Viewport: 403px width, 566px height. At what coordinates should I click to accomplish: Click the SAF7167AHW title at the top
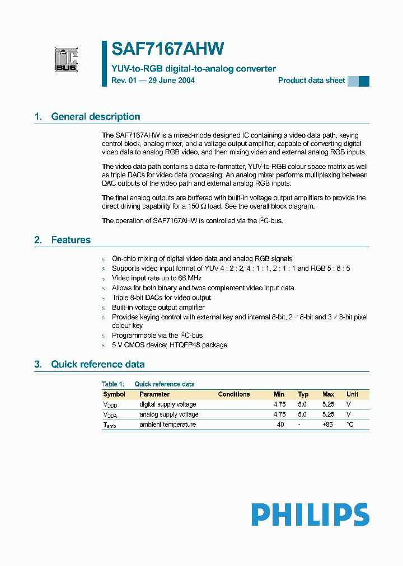click(168, 49)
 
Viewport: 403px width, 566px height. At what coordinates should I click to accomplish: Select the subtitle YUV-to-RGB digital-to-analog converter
click(194, 69)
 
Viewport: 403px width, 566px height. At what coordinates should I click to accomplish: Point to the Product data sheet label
click(311, 81)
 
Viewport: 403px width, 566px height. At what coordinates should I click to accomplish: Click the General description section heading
click(95, 117)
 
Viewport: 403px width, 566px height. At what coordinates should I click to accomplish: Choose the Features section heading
click(71, 240)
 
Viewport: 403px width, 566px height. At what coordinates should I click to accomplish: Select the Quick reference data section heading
click(97, 364)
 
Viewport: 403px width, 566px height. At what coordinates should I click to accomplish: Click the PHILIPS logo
click(310, 515)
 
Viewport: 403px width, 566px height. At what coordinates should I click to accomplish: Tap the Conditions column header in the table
click(234, 394)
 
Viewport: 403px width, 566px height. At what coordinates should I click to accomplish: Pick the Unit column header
click(352, 394)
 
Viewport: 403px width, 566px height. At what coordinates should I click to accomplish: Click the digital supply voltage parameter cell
click(168, 404)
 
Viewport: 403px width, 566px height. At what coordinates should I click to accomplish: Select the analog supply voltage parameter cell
click(169, 414)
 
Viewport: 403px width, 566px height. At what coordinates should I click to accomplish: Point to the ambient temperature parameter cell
click(168, 424)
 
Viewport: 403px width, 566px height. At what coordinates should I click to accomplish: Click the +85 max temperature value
click(328, 424)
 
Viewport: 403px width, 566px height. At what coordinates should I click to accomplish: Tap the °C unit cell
click(350, 424)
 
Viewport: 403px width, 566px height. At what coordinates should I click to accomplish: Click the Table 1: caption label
click(113, 384)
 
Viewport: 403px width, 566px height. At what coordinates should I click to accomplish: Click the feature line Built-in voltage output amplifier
click(158, 307)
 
